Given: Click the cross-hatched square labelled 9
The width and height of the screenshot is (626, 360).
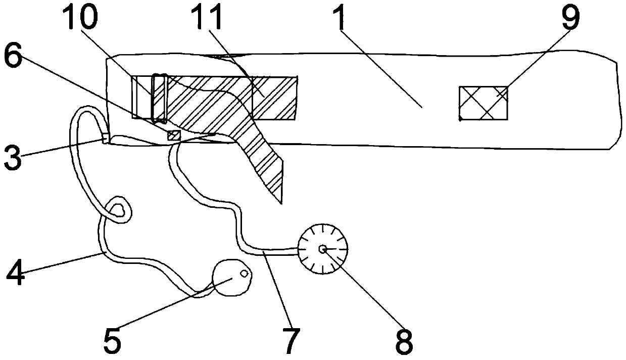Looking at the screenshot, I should (x=483, y=103).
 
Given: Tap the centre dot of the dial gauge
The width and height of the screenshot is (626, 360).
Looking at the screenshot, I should (x=322, y=249).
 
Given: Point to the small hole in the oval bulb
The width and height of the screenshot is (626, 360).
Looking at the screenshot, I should (x=244, y=274).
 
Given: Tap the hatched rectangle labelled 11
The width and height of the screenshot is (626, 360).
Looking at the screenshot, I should (x=273, y=99).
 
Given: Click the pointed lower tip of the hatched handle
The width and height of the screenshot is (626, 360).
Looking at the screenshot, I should (x=279, y=201).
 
